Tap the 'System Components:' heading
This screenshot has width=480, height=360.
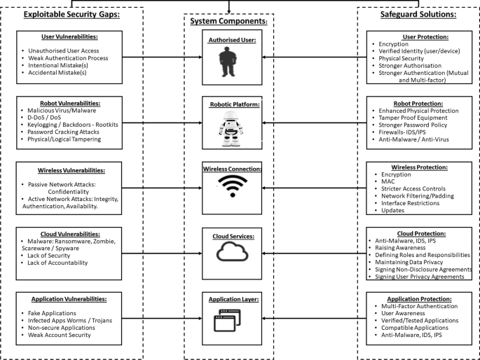tap(229, 21)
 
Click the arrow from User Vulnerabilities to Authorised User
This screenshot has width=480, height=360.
tap(160, 57)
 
